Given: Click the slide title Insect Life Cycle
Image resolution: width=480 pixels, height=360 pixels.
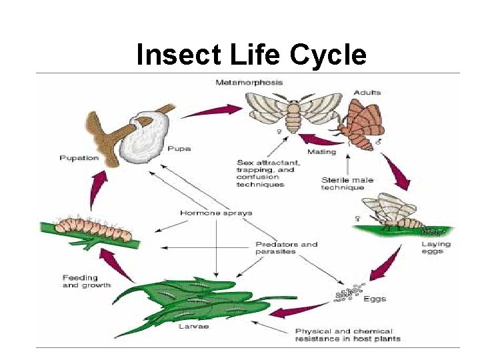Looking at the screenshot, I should click(x=251, y=55).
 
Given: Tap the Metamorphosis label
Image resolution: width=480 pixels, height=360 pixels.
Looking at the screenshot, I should click(x=249, y=83).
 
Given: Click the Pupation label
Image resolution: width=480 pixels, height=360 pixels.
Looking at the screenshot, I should click(x=79, y=158).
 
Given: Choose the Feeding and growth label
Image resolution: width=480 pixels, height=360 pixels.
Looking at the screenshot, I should click(x=80, y=281).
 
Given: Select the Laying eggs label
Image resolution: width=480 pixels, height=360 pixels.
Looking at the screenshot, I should click(x=436, y=247).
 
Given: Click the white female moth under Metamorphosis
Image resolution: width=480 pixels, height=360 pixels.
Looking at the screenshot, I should click(x=291, y=110).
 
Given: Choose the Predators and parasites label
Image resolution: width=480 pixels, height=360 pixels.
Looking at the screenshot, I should click(x=287, y=248).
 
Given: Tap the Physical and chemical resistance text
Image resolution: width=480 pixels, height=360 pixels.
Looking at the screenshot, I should click(x=344, y=335).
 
